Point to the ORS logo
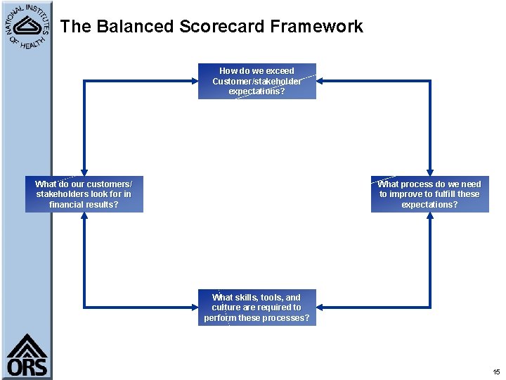27,355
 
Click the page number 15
496,372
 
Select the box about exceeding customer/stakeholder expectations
257,81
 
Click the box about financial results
84,194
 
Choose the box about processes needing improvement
429,194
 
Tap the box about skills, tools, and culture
257,308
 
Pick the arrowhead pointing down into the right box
429,172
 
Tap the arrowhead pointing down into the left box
84,172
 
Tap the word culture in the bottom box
226,308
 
